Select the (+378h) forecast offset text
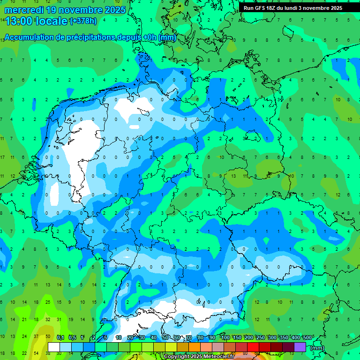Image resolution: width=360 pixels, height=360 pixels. [x=83, y=21]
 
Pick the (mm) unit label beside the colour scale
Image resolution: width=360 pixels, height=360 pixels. [x=317, y=347]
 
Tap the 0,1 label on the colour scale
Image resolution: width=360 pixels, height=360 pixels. [x=60, y=337]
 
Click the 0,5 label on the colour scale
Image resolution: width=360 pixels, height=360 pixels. [x=72, y=337]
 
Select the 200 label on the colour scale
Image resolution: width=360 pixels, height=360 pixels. [x=249, y=337]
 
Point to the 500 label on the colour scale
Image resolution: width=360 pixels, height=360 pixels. [x=307, y=337]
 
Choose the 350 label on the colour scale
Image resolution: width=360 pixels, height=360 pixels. [x=284, y=337]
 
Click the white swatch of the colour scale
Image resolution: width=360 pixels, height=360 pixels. [x=54, y=347]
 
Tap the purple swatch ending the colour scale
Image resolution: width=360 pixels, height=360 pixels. [x=300, y=347]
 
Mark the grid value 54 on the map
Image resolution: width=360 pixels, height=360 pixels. [x=36, y=353]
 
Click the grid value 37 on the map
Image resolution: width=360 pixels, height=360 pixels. [x=36, y=337]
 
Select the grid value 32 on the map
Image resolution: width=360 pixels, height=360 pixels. [x=48, y=319]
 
